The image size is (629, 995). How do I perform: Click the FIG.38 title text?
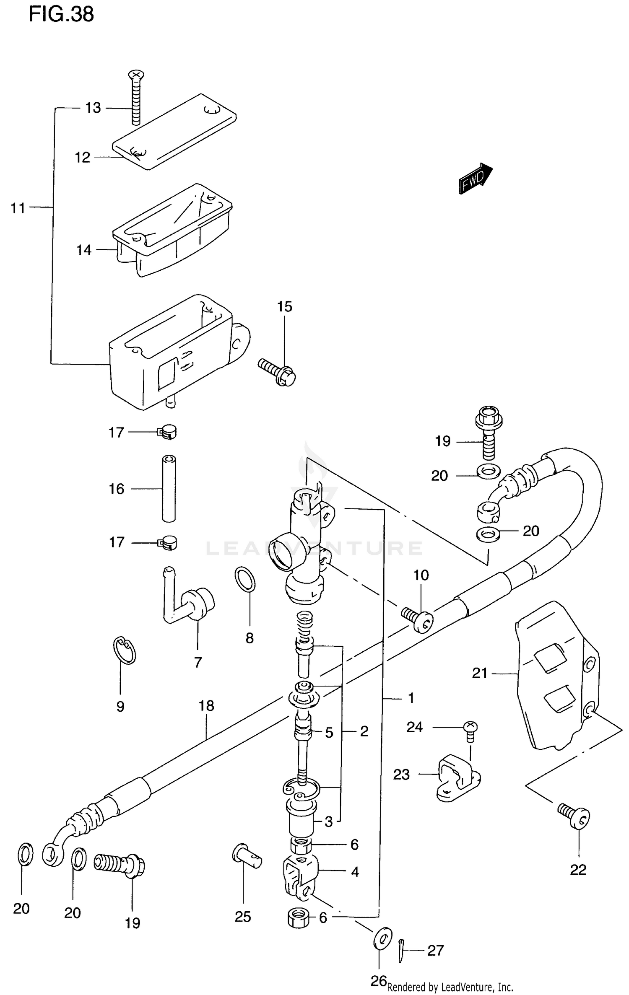pos(61,15)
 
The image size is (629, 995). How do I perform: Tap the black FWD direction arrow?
pos(475,179)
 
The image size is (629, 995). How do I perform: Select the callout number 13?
pos(93,108)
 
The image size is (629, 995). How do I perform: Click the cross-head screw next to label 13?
pos(135,97)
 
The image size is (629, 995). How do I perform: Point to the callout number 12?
pos(83,158)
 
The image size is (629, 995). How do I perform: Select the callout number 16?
pos(117,489)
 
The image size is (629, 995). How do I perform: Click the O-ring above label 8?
pos(245,580)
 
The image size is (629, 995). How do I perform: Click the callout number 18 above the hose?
pos(206,706)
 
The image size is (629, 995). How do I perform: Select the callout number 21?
pos(480,673)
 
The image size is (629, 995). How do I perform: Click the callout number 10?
pos(421,575)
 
